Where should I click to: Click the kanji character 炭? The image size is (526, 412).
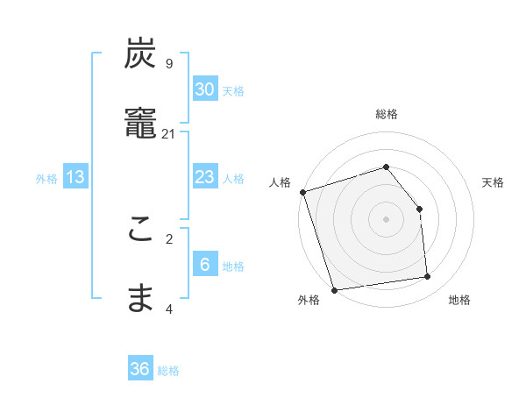(140, 54)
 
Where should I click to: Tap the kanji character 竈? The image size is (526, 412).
(140, 124)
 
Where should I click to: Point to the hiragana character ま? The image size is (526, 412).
(140, 300)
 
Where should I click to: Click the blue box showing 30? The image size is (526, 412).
(205, 89)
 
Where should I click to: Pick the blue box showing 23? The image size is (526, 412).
(205, 177)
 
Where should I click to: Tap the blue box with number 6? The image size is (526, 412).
(205, 265)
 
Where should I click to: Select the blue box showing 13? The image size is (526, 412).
(75, 177)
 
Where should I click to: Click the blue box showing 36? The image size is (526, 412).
(140, 369)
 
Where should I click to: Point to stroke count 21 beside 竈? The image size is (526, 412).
(169, 133)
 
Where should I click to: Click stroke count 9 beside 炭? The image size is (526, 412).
(169, 64)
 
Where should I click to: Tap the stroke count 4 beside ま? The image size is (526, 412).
(169, 309)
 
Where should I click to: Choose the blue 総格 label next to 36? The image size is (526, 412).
(168, 371)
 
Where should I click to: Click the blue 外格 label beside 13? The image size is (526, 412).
(46, 178)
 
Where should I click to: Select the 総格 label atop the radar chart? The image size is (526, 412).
(387, 114)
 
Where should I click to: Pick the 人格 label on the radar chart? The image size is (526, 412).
(281, 182)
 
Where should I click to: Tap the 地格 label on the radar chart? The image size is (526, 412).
(459, 300)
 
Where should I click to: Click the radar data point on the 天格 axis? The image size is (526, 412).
(419, 209)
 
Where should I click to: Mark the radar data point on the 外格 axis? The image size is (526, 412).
(334, 289)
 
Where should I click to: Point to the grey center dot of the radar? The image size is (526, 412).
(387, 219)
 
